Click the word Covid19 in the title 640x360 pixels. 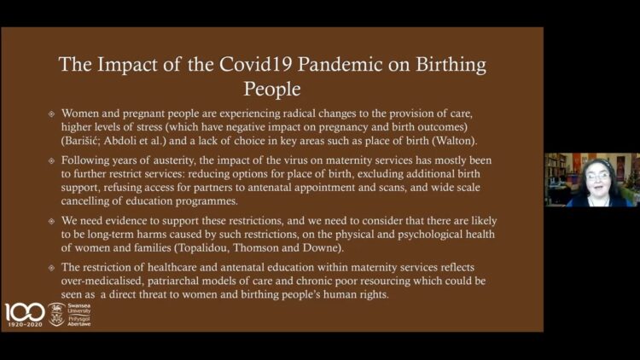tap(254, 65)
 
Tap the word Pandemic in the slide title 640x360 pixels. tap(340, 65)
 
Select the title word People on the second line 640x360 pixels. tap(272, 89)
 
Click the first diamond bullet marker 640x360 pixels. tap(51, 113)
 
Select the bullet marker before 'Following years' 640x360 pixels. tap(51, 161)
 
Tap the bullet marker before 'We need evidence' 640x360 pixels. tap(51, 221)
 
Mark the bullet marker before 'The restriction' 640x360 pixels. tap(51, 268)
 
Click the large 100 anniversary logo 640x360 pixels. tap(25, 312)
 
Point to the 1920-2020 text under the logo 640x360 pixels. tap(26, 324)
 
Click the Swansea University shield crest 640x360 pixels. tap(56, 314)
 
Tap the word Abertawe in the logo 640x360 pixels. tap(79, 324)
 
